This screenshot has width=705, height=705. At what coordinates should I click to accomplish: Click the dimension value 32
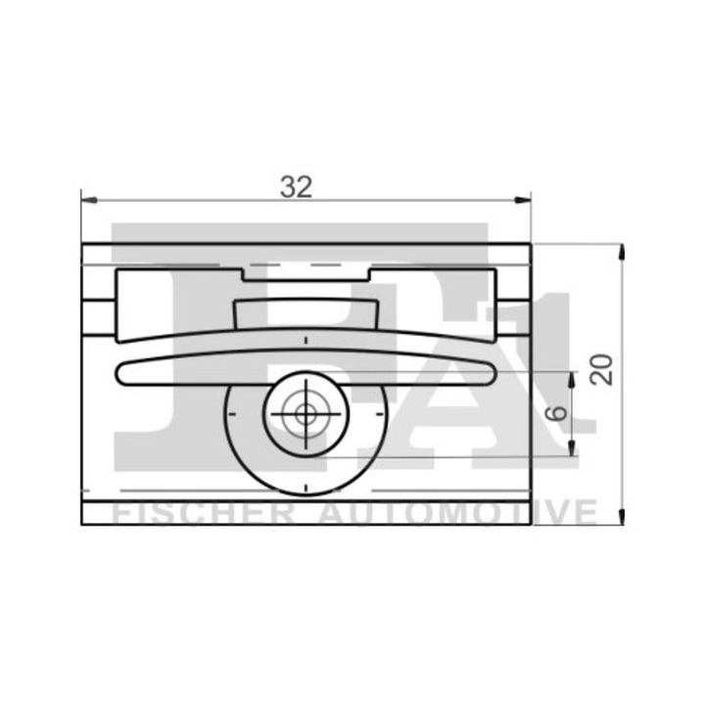(296, 187)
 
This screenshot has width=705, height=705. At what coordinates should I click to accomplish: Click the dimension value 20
(601, 369)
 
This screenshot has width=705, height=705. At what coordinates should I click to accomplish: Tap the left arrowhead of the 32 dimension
(89, 200)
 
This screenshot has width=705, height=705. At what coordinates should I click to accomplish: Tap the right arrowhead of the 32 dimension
(523, 200)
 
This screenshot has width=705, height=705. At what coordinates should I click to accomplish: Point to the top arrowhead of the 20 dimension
(622, 252)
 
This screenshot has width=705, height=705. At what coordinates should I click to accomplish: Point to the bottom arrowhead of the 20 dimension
(622, 517)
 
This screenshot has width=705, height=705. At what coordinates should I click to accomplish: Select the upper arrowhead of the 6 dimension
(572, 380)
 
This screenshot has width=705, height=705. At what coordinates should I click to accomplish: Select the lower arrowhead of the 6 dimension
(572, 448)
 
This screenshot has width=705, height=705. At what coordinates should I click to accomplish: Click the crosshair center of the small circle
(306, 413)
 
